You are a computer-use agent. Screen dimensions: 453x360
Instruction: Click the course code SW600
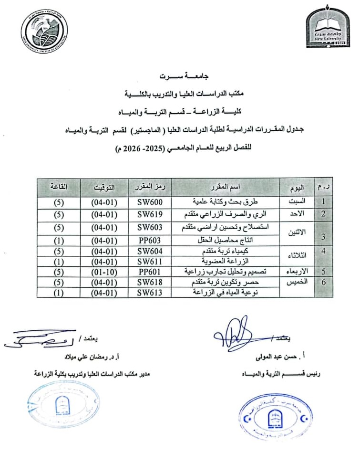point(150,201)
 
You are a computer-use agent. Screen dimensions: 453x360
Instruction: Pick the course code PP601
point(150,271)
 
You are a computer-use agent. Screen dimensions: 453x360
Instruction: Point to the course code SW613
point(150,293)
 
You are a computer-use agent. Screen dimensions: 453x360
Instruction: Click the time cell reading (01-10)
point(104,271)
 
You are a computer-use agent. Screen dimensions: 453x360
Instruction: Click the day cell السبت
point(300,201)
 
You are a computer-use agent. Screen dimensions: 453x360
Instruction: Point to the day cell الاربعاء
point(299,271)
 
